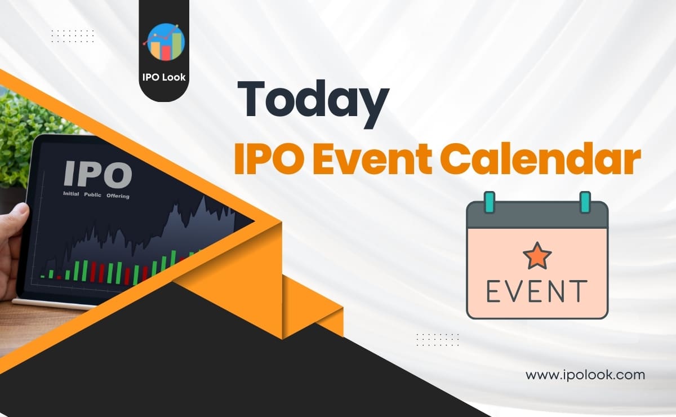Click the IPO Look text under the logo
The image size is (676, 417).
[x=163, y=77]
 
